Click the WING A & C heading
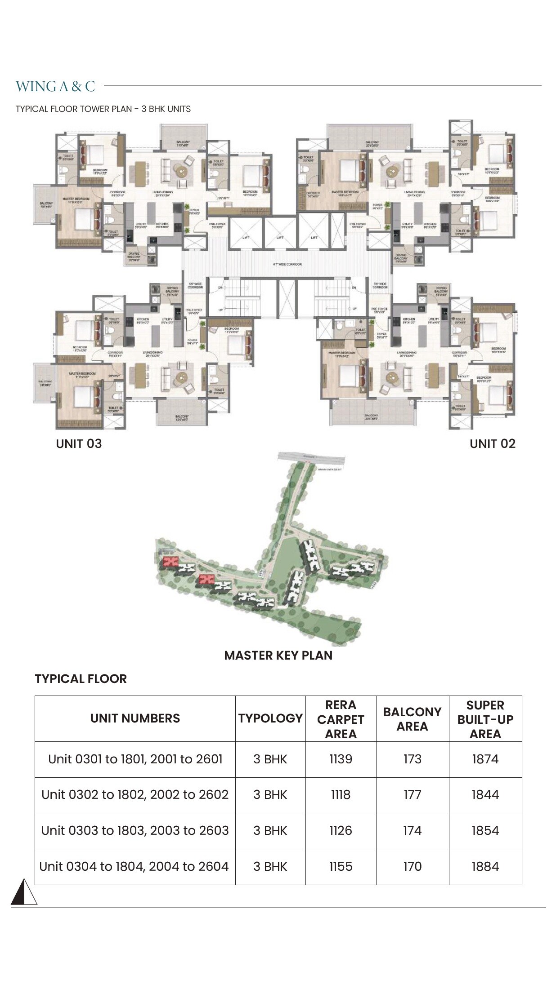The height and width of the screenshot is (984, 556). coord(55,86)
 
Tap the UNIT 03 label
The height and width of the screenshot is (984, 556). coord(79,444)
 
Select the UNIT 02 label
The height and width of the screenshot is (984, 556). coord(492,444)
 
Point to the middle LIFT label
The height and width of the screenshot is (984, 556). coord(280,237)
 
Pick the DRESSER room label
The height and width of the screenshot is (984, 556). coord(313,194)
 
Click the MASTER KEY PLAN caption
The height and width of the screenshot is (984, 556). coord(278,655)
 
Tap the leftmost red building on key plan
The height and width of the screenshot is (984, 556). coord(170,561)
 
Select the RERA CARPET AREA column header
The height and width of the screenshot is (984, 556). coord(341,719)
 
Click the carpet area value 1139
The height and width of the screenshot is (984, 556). coord(341,759)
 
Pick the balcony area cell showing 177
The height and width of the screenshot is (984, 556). coord(412,795)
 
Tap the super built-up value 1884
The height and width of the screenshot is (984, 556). coord(485,866)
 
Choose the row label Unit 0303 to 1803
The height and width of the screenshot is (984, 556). coord(135,830)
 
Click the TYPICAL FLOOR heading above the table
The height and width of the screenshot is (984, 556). coord(81,678)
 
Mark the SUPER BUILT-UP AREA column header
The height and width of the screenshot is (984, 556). coord(485,719)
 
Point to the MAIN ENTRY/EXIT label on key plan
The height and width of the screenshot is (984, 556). coord(330,470)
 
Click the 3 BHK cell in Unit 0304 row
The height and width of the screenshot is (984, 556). coord(270,866)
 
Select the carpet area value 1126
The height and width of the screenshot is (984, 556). coord(341,830)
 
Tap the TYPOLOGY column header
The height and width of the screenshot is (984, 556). coord(270,718)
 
